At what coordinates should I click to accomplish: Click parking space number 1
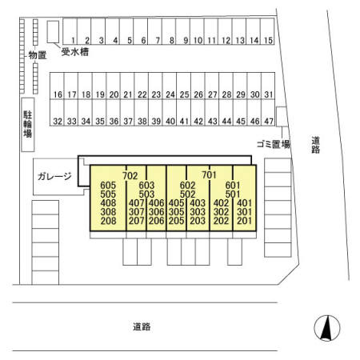[70, 31]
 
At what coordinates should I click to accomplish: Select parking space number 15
[267, 31]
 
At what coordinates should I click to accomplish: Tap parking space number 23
[155, 86]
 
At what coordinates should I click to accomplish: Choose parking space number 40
[170, 112]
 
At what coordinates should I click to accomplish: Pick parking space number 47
[268, 112]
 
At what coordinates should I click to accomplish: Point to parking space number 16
[57, 86]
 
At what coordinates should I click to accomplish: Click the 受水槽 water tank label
[75, 52]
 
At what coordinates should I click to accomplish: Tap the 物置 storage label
[38, 55]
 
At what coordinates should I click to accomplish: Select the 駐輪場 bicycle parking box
[28, 125]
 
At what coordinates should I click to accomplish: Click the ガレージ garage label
[54, 176]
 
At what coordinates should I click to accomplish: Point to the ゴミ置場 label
[274, 144]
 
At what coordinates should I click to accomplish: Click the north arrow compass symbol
[327, 328]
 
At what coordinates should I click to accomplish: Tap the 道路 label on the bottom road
[142, 326]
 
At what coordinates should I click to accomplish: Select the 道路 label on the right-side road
[315, 145]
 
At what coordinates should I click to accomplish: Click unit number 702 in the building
[130, 176]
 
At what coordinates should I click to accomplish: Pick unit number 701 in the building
[209, 175]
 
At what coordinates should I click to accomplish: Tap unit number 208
[108, 221]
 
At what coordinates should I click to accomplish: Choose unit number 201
[244, 221]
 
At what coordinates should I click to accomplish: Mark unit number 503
[146, 194]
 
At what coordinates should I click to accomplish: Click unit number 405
[177, 203]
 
